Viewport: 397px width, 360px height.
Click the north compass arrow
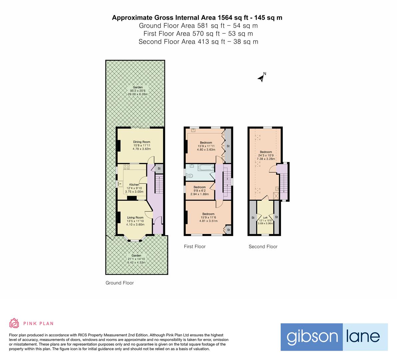pos(262,78)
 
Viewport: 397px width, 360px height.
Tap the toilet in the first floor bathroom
pos(190,174)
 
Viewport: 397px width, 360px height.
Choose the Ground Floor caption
pos(120,283)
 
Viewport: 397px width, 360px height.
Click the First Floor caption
pos(195,247)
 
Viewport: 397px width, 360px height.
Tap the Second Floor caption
pos(263,247)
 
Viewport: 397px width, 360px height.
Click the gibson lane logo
pos(334,337)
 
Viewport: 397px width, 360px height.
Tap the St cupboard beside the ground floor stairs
pos(159,169)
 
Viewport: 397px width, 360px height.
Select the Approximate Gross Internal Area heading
pos(197,18)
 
